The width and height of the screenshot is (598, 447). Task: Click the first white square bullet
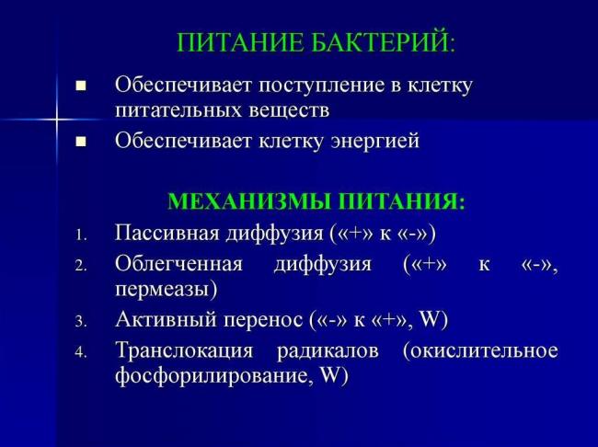tap(80, 86)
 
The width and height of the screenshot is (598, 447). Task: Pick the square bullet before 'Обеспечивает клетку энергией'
tap(80, 142)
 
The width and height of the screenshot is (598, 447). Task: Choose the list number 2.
tap(80, 266)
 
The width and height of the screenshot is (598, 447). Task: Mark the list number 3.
tap(80, 322)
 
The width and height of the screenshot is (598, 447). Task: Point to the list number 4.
tap(80, 352)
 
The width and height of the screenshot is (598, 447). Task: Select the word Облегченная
tap(178, 264)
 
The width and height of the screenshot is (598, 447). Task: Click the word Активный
tap(160, 320)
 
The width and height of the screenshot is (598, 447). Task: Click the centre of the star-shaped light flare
tap(56, 119)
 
